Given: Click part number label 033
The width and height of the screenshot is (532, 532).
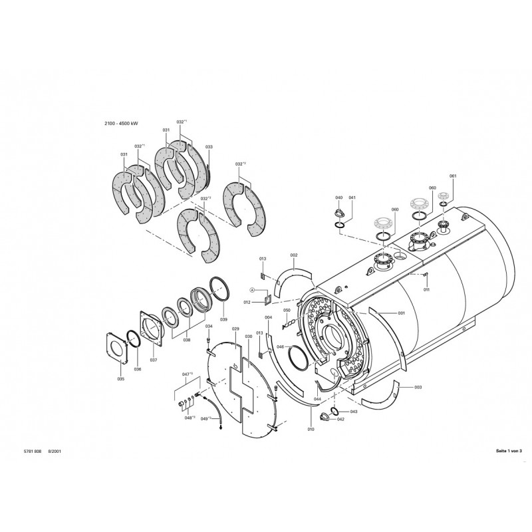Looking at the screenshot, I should click(x=209, y=146).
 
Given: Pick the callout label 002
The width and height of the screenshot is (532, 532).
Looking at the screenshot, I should click(x=293, y=255).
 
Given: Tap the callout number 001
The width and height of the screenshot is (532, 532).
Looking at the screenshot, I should click(x=401, y=313).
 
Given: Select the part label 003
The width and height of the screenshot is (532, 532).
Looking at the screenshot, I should click(x=418, y=387).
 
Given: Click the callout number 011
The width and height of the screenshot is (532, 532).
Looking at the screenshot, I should click(x=426, y=290).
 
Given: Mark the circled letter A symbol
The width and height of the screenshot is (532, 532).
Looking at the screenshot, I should click(x=252, y=290).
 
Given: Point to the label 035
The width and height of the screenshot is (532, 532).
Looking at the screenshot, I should click(x=120, y=379).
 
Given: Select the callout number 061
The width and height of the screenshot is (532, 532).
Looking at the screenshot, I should click(x=453, y=176).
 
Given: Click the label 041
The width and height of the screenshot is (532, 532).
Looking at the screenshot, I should click(x=352, y=198).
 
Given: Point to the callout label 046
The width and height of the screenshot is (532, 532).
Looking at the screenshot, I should click(x=280, y=346).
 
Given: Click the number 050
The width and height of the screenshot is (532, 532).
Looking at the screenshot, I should click(x=287, y=311).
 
